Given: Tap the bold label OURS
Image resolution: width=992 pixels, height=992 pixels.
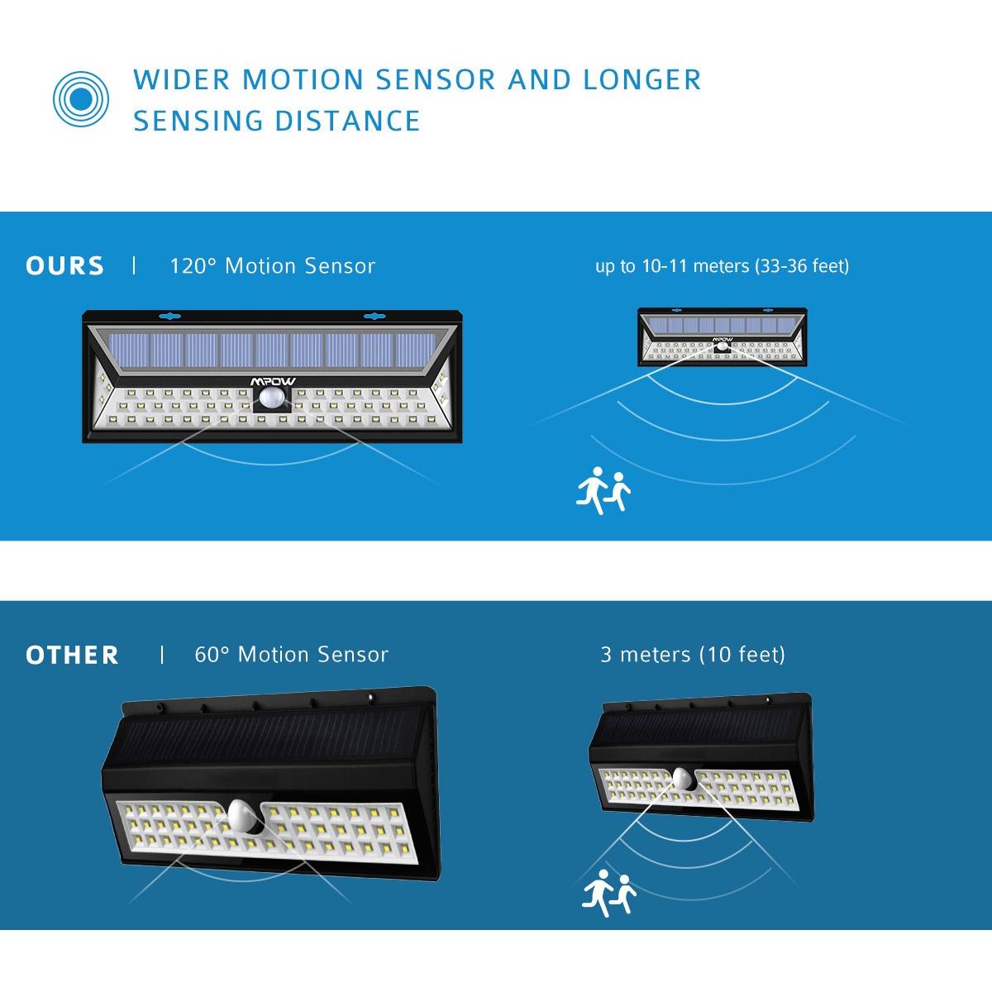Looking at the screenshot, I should pyautogui.click(x=65, y=266).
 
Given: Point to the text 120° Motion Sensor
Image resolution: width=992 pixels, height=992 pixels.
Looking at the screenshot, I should pyautogui.click(x=272, y=266).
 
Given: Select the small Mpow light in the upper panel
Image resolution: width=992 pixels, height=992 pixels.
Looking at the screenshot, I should pyautogui.click(x=722, y=337).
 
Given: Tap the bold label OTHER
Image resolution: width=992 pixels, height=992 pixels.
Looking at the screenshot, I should pyautogui.click(x=72, y=656).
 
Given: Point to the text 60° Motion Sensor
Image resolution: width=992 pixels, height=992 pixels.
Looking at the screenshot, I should pyautogui.click(x=291, y=655).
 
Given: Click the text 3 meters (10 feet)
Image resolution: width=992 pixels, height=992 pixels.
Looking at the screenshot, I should pyautogui.click(x=693, y=655).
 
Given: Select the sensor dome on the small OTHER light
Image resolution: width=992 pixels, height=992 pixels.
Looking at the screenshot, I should pyautogui.click(x=682, y=778).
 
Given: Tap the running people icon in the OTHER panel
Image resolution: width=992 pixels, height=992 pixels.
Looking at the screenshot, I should pyautogui.click(x=610, y=894).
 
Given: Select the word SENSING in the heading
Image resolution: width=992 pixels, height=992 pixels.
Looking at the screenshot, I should pyautogui.click(x=198, y=121).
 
